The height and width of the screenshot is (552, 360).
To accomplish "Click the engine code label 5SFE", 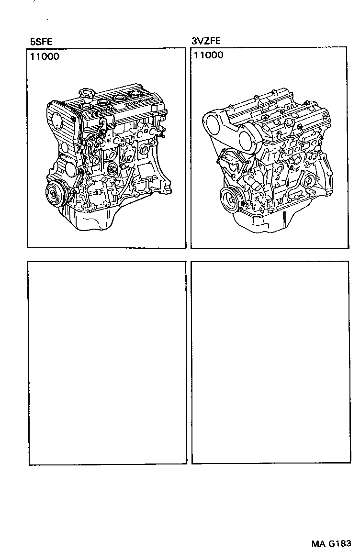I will (41, 42).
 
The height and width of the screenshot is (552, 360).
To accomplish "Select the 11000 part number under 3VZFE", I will (208, 55).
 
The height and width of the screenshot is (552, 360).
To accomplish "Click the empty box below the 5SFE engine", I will (107, 362).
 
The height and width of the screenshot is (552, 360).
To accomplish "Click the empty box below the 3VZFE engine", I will (270, 362).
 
